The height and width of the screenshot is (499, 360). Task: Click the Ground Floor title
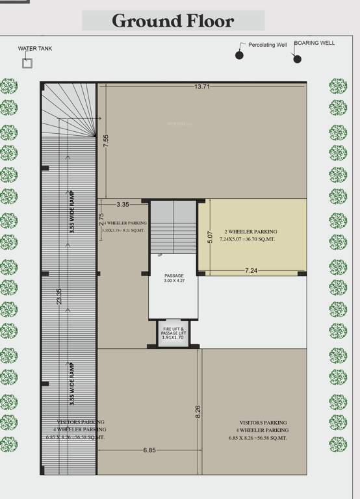click(x=173, y=21)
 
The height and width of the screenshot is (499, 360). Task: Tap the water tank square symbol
click(x=27, y=63)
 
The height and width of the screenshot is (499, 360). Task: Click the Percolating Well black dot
click(x=240, y=55)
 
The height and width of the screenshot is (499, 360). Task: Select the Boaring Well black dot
click(x=298, y=59)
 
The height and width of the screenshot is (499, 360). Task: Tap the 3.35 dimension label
click(x=123, y=204)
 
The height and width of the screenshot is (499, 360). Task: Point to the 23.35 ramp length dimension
click(x=59, y=296)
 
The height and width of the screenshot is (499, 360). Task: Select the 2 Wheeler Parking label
click(x=250, y=232)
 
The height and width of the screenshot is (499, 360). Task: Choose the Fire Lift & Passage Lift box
click(x=174, y=334)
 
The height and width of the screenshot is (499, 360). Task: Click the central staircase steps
click(x=174, y=227)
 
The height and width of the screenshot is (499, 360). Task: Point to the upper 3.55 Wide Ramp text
click(x=72, y=211)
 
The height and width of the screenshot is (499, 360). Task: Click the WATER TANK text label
click(x=35, y=48)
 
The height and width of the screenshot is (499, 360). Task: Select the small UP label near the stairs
click(x=160, y=255)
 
